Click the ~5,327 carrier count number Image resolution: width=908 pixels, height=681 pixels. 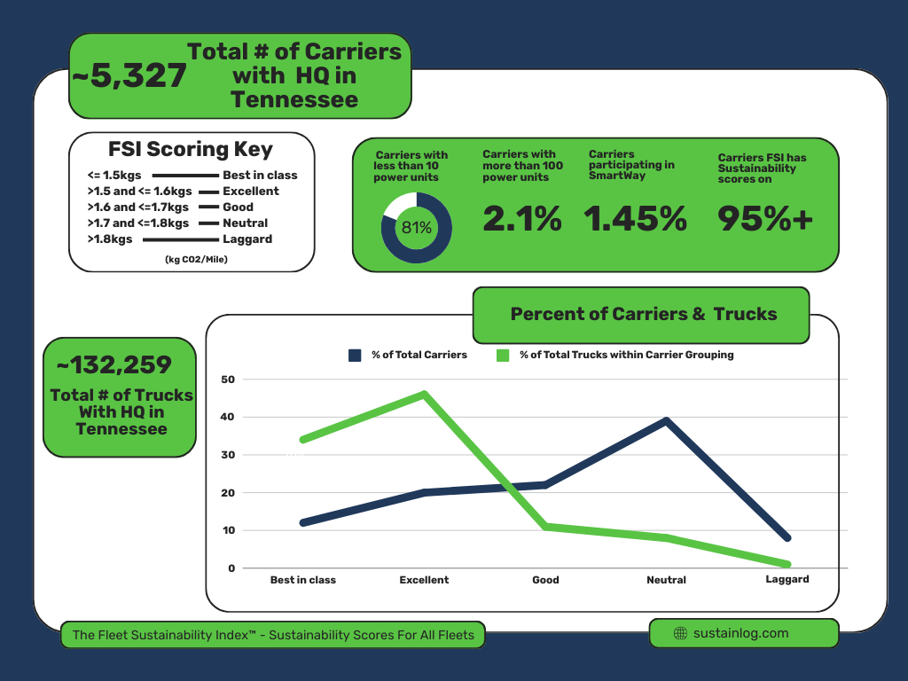129,76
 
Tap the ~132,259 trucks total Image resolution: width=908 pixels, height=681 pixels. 114,364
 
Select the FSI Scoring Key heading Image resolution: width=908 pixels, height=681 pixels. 191,150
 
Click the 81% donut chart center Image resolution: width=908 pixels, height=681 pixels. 417,228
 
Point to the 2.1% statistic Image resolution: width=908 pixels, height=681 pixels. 521,219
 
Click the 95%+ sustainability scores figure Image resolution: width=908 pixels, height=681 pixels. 764,219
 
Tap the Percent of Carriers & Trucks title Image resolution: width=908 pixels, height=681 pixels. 644,314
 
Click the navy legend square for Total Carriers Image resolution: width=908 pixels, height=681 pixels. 356,356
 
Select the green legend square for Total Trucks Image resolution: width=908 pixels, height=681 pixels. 504,356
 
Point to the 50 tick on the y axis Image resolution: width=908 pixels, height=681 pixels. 229,380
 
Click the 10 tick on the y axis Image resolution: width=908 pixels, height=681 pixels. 229,530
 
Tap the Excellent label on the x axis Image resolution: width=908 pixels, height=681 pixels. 424,580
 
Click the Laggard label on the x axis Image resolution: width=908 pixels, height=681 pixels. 787,580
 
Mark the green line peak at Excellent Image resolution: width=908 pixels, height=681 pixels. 425,394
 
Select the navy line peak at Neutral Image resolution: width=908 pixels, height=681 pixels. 666,420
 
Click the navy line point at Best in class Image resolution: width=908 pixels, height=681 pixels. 303,523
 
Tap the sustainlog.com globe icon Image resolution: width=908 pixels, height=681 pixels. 681,633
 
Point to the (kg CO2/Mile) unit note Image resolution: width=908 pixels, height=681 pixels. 196,259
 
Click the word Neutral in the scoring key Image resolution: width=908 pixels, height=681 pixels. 245,223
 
